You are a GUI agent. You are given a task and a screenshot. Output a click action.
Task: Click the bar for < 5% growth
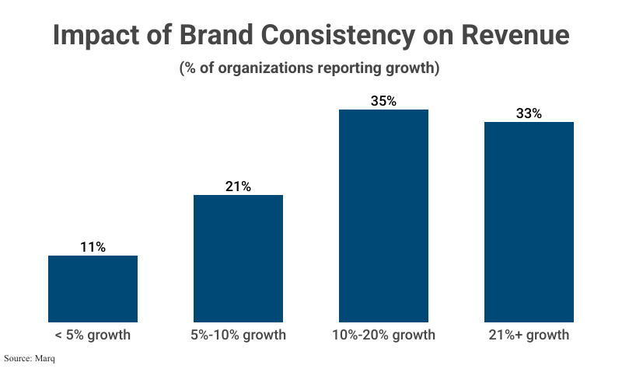click(93, 288)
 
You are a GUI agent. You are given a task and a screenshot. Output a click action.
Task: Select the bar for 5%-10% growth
click(238, 258)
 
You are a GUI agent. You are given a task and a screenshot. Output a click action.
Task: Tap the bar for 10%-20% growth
click(383, 215)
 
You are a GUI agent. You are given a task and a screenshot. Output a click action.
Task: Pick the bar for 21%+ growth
click(529, 221)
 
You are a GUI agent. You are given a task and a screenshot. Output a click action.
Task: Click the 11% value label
click(93, 247)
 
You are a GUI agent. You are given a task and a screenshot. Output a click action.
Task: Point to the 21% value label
click(238, 186)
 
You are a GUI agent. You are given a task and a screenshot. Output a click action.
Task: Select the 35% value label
click(383, 101)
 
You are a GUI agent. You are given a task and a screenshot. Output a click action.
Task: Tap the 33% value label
click(529, 113)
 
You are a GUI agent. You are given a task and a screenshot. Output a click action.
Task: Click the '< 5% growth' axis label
click(93, 336)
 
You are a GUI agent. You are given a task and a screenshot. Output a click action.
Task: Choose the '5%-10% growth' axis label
click(238, 336)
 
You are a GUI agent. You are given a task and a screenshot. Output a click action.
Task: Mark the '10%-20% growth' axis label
click(383, 336)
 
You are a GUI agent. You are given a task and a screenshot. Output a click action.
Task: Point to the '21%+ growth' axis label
click(529, 336)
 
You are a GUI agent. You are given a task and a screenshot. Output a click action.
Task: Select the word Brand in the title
click(227, 37)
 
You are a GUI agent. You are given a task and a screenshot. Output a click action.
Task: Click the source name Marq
click(45, 359)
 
